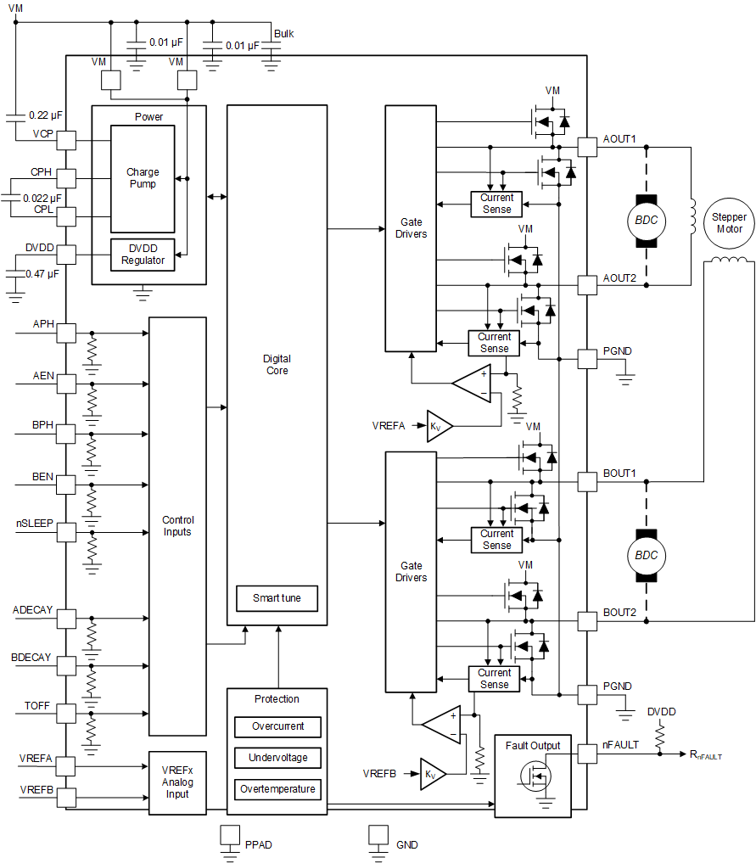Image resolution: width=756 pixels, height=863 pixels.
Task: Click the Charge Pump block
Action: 143,178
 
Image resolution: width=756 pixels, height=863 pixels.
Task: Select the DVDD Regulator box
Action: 143,255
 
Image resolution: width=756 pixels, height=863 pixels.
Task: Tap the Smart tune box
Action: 277,598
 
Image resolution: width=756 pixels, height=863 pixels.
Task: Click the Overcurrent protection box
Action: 277,727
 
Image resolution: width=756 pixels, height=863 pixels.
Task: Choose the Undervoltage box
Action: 277,758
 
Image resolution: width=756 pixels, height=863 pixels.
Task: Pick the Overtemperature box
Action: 277,789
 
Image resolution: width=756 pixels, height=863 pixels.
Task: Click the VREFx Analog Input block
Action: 177,782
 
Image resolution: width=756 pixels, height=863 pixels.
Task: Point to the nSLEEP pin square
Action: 66,533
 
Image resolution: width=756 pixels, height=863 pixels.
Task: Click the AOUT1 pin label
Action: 619,138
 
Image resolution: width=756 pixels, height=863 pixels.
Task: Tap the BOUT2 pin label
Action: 619,612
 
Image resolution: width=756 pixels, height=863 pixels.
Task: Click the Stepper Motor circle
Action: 729,223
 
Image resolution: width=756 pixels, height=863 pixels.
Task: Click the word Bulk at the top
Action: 283,34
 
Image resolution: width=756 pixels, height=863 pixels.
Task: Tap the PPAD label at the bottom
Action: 259,845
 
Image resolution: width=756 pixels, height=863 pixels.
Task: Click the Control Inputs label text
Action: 177,526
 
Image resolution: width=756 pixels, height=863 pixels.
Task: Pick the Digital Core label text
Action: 277,365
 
